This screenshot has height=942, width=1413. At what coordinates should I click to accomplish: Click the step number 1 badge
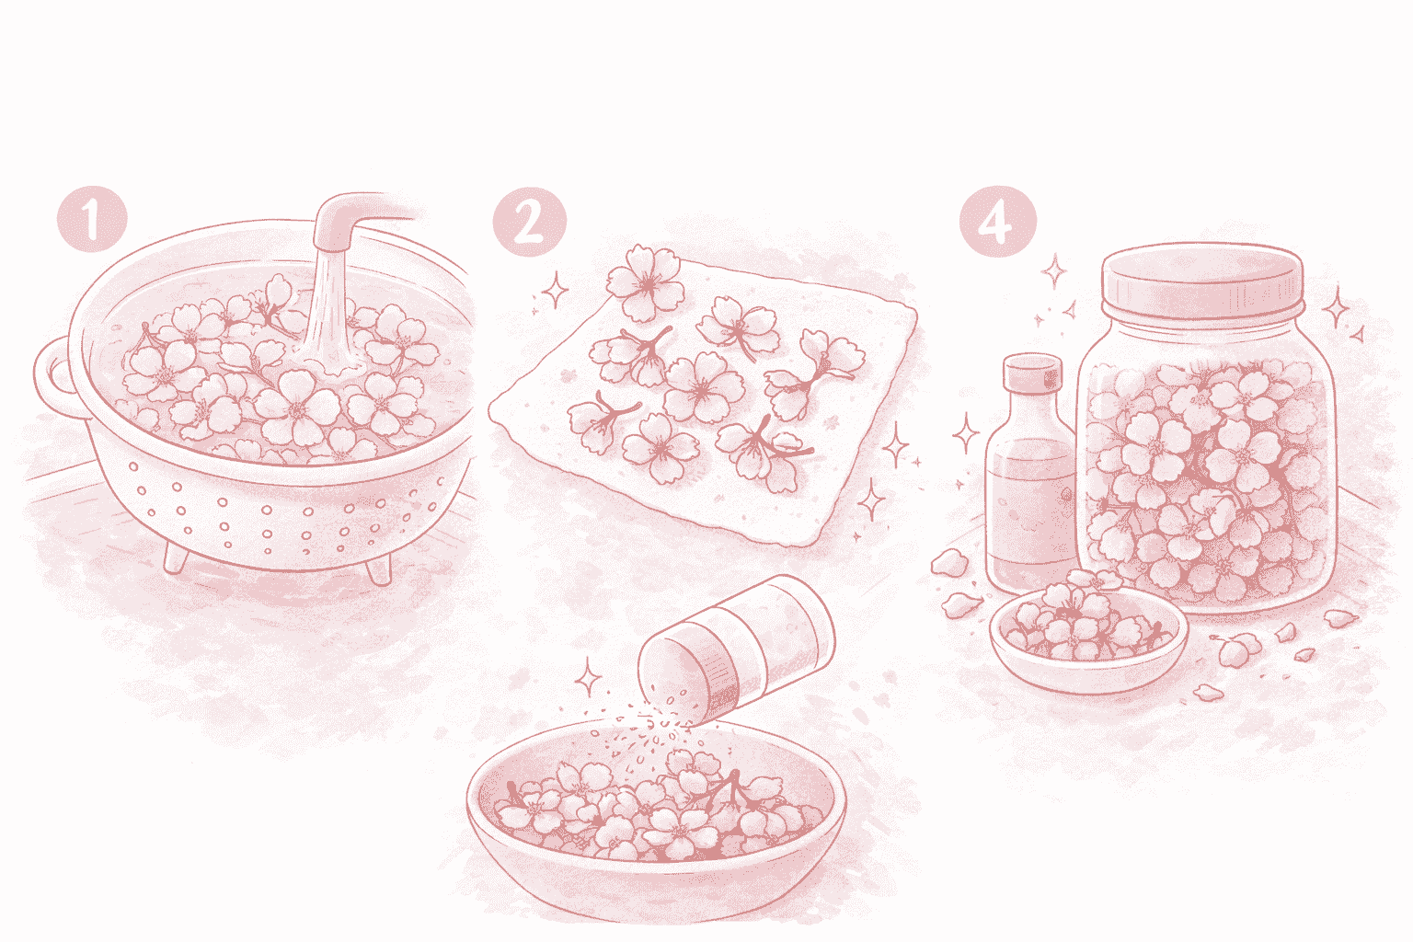pos(92,219)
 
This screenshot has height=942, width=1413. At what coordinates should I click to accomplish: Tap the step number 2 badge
pos(529,222)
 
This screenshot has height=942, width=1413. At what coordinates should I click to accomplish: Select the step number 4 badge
pos(997,222)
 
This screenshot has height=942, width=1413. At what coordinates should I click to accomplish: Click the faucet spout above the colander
pos(353,221)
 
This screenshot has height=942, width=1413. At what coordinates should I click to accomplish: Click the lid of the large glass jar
pos(1202,281)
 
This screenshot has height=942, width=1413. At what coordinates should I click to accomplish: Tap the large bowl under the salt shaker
pos(655,826)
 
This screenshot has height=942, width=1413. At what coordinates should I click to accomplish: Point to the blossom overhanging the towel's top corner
pos(646,282)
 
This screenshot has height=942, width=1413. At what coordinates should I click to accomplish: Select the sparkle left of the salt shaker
pos(588,677)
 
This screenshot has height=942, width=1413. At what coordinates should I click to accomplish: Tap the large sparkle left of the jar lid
pos(1053,271)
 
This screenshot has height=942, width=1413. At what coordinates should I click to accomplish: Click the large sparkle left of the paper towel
pos(556,290)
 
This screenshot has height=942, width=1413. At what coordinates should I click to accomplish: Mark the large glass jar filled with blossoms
pos(1205,429)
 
